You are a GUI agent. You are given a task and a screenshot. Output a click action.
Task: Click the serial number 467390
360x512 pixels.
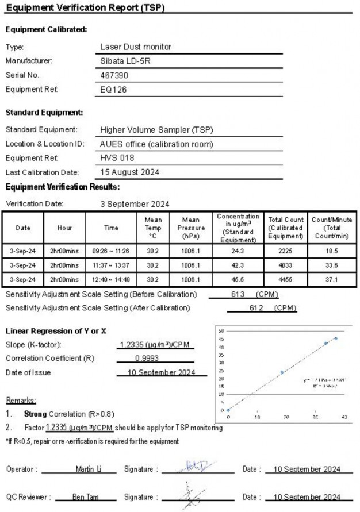tap(114, 75)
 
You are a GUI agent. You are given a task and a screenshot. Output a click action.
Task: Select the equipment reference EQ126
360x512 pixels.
tap(113, 89)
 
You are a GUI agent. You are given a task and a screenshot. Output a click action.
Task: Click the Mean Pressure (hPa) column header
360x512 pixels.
tap(191, 228)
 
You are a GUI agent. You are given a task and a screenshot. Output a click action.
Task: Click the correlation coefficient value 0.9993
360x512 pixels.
tap(148, 358)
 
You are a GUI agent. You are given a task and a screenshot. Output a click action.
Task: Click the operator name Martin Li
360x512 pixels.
tap(89, 469)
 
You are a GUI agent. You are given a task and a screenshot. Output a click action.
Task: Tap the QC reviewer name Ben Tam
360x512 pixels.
tap(85, 496)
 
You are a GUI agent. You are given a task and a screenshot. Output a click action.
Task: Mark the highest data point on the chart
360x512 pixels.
tap(336, 338)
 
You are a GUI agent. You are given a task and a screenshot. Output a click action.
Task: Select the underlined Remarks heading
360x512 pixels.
tap(21, 399)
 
